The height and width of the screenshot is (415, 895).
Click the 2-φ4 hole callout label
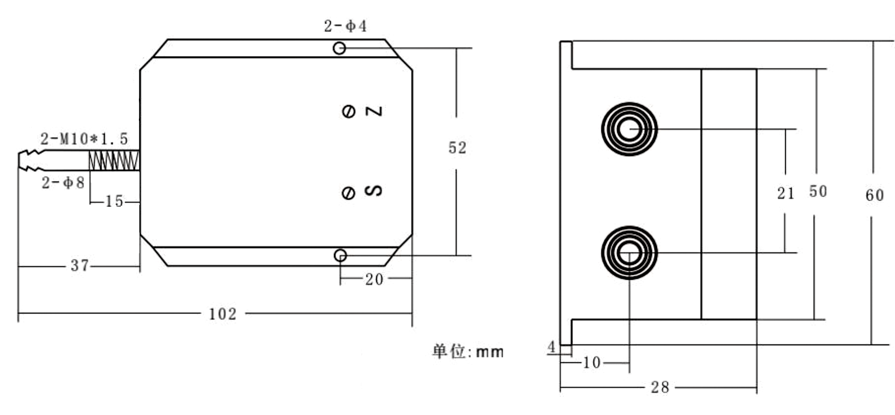[x=345, y=27]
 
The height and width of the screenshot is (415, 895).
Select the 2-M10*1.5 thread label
[x=84, y=139]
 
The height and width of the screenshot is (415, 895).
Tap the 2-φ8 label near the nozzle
[x=63, y=183]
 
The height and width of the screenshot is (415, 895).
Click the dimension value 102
[x=223, y=314]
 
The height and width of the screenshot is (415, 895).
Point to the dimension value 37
[x=80, y=266]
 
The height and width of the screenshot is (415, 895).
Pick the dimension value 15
[x=114, y=202]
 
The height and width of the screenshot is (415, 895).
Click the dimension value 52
[x=457, y=148]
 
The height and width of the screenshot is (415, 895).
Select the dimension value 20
[x=374, y=279]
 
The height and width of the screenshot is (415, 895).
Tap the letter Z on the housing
[x=374, y=111]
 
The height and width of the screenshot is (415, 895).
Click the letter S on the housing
[x=373, y=191]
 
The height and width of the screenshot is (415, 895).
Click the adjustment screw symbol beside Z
[x=349, y=111]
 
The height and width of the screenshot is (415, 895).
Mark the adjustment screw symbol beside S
[x=349, y=193]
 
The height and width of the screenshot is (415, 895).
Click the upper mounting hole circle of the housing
[x=339, y=48]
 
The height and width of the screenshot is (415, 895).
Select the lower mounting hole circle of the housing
[x=340, y=255]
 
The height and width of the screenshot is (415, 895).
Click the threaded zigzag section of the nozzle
[x=114, y=161]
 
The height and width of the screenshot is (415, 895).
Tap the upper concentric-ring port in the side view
[x=629, y=129]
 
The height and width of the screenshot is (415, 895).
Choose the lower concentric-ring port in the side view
[x=629, y=253]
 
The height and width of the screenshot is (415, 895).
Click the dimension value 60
[x=874, y=195]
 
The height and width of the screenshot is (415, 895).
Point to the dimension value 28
[x=660, y=388]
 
